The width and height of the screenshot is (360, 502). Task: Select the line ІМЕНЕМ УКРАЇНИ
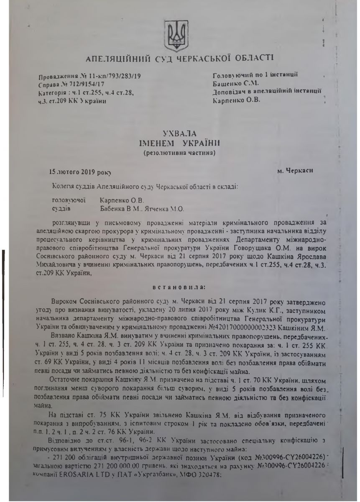pyautogui.click(x=179, y=144)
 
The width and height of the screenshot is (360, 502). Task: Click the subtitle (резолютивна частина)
pyautogui.click(x=179, y=153)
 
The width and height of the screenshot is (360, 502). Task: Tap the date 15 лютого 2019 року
pyautogui.click(x=80, y=172)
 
